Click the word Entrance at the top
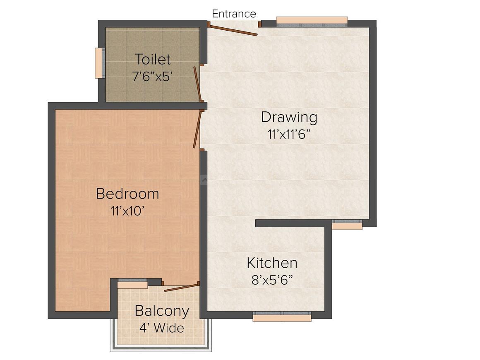pyautogui.click(x=234, y=14)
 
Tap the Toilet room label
pyautogui.click(x=152, y=60)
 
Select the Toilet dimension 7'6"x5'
pyautogui.click(x=152, y=77)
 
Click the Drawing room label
pyautogui.click(x=289, y=118)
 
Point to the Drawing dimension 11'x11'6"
pyautogui.click(x=289, y=134)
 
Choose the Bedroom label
pyautogui.click(x=127, y=194)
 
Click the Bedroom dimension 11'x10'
pyautogui.click(x=127, y=211)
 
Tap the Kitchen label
pyautogui.click(x=272, y=263)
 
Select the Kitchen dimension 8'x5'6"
pyautogui.click(x=272, y=280)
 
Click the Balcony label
pyautogui.click(x=162, y=311)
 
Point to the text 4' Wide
pyautogui.click(x=162, y=328)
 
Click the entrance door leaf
pyautogui.click(x=233, y=30)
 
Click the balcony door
pyautogui.click(x=181, y=287)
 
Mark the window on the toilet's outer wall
pyautogui.click(x=99, y=63)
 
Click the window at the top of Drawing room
pyautogui.click(x=312, y=22)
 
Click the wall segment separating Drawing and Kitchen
pyautogui.click(x=293, y=223)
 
